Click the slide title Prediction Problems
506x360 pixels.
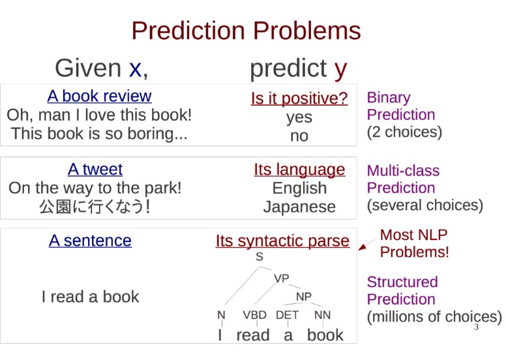[246, 31]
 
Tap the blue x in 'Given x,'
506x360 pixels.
[135, 69]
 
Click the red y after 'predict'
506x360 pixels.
[340, 70]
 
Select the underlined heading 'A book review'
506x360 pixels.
[99, 96]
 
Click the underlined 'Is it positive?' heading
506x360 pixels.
[299, 98]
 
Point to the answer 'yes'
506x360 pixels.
[299, 117]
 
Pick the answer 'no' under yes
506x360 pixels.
[299, 136]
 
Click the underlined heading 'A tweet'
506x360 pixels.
[95, 169]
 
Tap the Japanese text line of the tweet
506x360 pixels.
[95, 207]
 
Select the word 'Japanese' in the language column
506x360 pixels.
[299, 207]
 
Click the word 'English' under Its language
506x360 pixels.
[299, 188]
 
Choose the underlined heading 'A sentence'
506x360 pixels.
[91, 241]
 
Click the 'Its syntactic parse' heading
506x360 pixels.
[282, 241]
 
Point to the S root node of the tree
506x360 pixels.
[260, 257]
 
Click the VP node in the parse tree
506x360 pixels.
[281, 278]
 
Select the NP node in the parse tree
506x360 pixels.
[304, 296]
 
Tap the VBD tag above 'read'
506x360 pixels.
[254, 315]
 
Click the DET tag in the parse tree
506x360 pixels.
[287, 315]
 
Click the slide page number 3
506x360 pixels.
[476, 327]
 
